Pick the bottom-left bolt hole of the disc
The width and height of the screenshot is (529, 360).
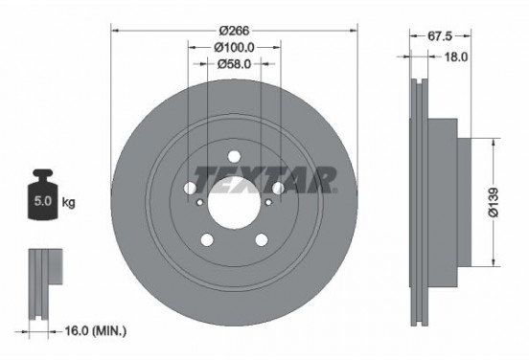207,240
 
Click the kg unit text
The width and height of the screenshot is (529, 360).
67,203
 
